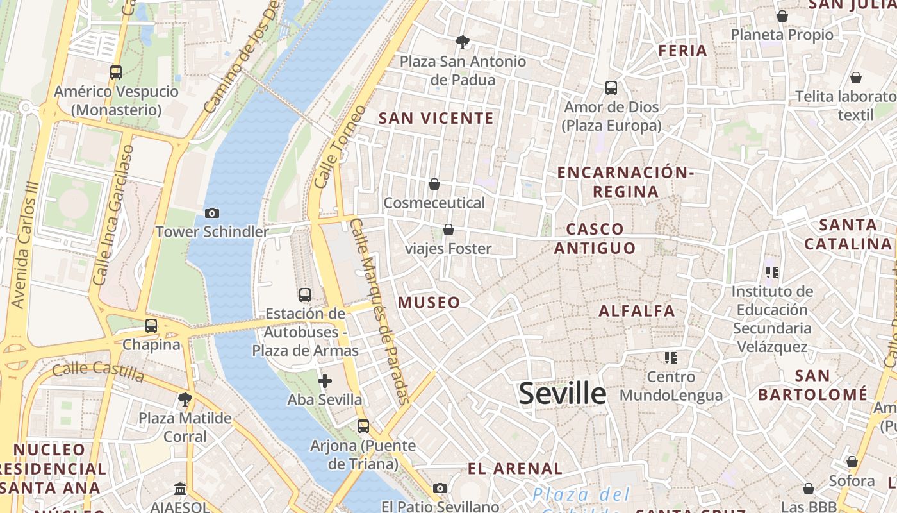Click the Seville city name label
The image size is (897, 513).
click(x=562, y=393)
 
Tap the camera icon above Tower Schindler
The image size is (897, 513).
click(x=212, y=213)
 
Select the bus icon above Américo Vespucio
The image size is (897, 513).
click(x=116, y=72)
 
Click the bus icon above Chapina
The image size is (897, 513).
click(x=151, y=326)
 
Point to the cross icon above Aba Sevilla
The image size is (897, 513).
click(x=325, y=381)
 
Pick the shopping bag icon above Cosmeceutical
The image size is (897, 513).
click(x=434, y=185)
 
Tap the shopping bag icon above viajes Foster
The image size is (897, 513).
click(x=448, y=230)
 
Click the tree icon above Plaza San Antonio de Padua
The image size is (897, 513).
click(x=462, y=43)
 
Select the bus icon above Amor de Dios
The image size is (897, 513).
click(x=611, y=88)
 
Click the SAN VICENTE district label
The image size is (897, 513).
click(x=436, y=118)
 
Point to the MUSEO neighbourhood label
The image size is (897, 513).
click(x=429, y=303)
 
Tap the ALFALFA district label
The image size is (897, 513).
click(x=637, y=311)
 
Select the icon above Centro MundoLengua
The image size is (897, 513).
click(x=671, y=357)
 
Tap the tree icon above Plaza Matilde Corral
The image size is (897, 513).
click(x=185, y=399)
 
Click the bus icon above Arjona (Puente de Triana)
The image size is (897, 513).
click(x=363, y=426)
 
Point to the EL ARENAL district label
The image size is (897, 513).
click(x=515, y=468)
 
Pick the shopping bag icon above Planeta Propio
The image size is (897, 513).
click(x=782, y=16)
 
